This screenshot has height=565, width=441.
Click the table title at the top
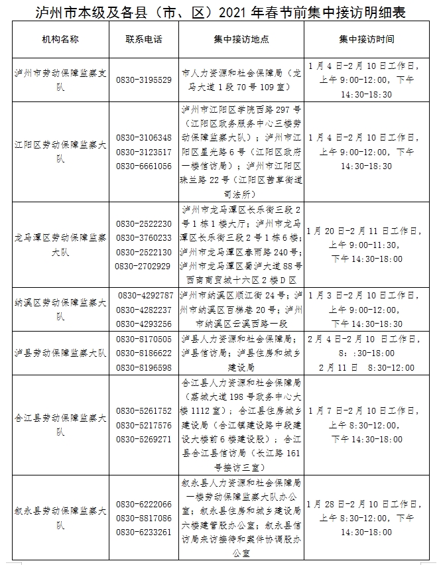(220, 11)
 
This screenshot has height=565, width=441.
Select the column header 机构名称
(60, 39)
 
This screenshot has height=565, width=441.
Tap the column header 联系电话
(143, 39)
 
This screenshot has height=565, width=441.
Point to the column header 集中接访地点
(241, 39)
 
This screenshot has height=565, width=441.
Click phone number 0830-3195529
(144, 80)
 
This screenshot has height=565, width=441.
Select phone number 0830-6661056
(144, 166)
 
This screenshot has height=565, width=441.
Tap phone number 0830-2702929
(143, 266)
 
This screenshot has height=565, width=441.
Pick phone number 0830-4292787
(146, 295)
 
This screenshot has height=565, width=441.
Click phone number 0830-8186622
(144, 353)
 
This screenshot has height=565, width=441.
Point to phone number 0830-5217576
(144, 425)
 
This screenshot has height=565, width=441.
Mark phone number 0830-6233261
(144, 532)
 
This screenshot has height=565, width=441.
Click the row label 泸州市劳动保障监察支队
(60, 80)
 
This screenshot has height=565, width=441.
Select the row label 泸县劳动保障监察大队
(60, 353)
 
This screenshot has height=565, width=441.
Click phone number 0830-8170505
(144, 339)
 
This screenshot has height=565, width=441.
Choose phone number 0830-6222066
(144, 504)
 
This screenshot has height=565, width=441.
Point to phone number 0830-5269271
(144, 439)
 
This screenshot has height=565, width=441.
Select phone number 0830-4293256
(146, 324)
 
